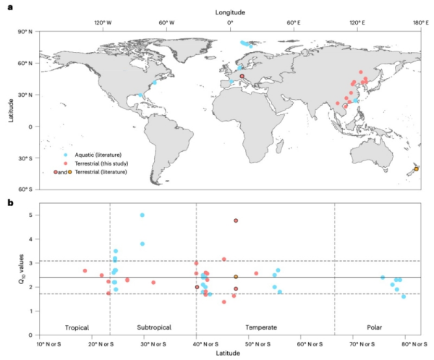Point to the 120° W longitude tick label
[x=103, y=22]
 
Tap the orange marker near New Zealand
[x=416, y=169]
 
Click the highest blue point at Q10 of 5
[x=142, y=215]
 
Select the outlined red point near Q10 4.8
[x=236, y=220]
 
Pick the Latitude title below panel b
[x=229, y=353]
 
